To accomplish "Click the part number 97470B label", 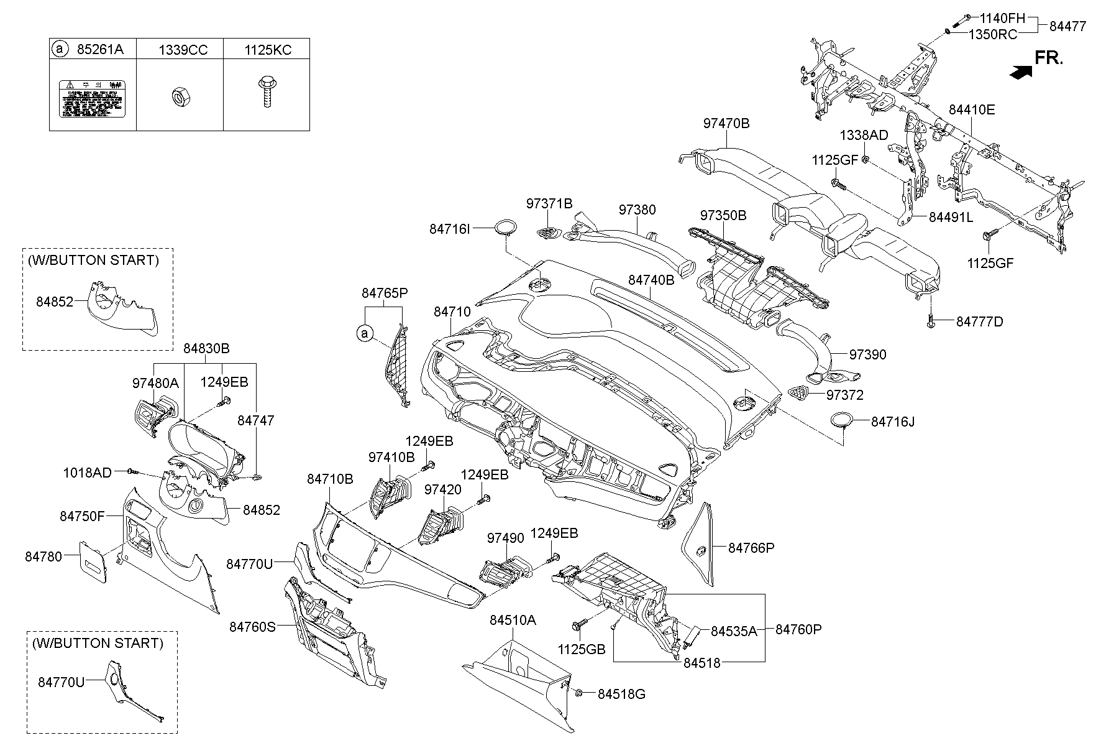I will [726, 124].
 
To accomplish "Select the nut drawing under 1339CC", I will [178, 96].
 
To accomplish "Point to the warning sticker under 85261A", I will [92, 98].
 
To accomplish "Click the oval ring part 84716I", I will [506, 227].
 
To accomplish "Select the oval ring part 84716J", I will [841, 421].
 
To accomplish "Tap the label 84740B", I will [651, 280].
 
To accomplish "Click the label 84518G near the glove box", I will [621, 694].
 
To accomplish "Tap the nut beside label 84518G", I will [578, 693].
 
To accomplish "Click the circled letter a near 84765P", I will [365, 334].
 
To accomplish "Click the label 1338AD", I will [864, 136].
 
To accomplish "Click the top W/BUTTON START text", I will [93, 261].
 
